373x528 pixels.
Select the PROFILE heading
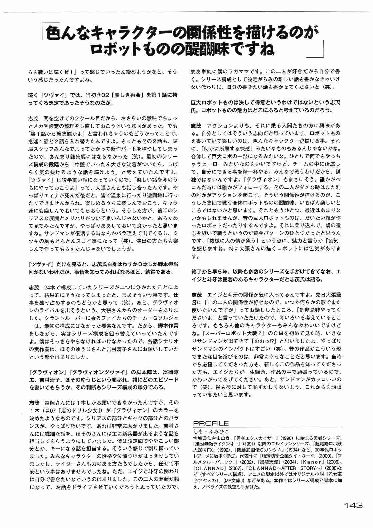211,424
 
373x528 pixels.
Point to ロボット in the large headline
114,49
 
